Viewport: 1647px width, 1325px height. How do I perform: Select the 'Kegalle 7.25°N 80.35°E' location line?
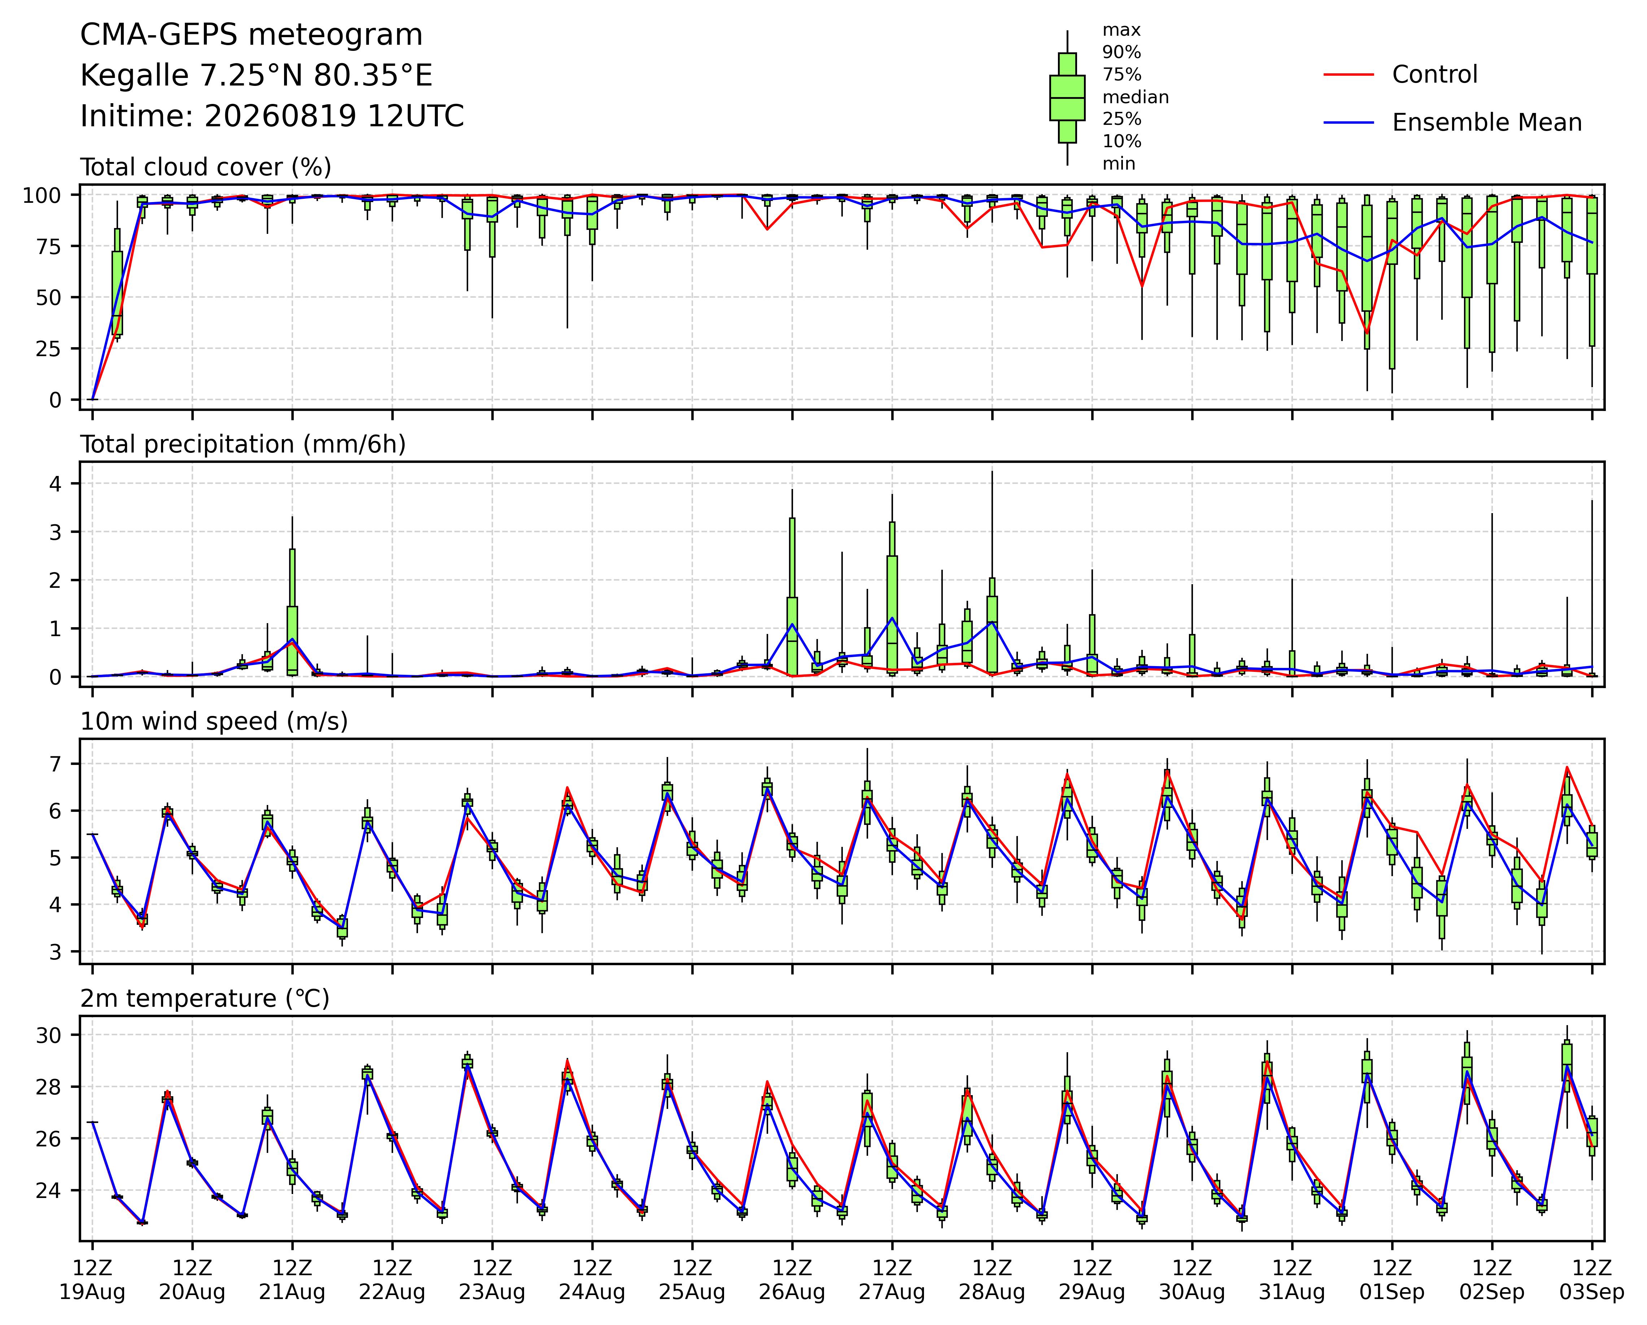click(257, 76)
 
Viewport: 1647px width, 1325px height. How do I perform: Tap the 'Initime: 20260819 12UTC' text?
click(272, 116)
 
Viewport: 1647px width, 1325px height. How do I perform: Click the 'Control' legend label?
click(1435, 75)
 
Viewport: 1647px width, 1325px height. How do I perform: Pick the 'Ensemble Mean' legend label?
click(1487, 123)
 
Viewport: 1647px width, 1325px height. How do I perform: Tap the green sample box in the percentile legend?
click(1067, 98)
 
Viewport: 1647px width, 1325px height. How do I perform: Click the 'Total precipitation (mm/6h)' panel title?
click(243, 445)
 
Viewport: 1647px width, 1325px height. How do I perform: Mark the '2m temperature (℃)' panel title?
click(205, 999)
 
